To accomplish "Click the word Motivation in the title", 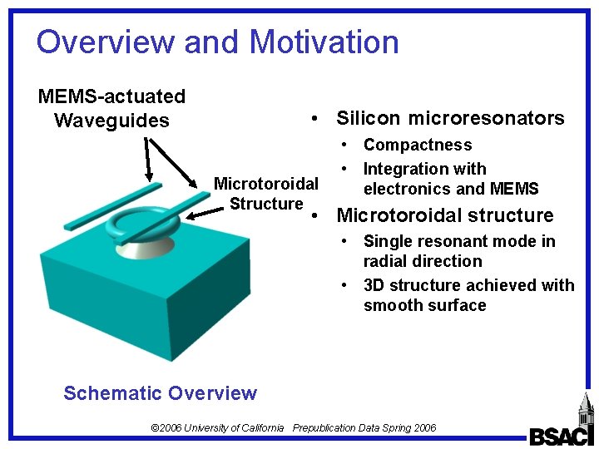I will point(324,42).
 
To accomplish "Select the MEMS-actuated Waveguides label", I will point(111,109).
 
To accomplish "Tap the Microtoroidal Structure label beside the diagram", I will point(266,194).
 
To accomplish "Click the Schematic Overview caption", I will point(160,393).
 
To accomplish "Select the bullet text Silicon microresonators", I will point(450,118).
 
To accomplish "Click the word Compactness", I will point(418,146).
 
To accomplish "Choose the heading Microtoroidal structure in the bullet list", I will point(444,216).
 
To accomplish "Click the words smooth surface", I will point(424,305).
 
